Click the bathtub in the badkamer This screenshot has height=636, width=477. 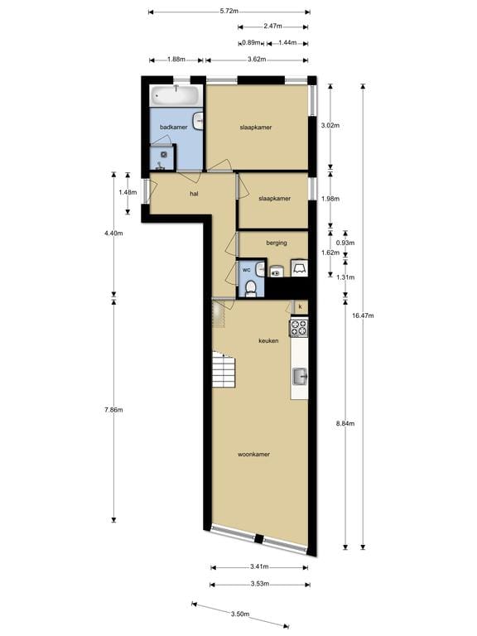coord(176,95)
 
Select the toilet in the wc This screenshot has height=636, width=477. coord(250,287)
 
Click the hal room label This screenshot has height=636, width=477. coord(194,194)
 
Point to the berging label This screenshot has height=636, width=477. coord(277,243)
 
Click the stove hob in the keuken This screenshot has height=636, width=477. coord(298,328)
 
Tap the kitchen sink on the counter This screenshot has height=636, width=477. coord(299,377)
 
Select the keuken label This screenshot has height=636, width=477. coord(268,341)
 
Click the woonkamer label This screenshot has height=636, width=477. coord(253,454)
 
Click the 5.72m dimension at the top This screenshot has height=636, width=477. coord(229,12)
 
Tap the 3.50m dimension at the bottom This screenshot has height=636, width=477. coord(240,614)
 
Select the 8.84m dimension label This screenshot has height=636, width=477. coord(345,423)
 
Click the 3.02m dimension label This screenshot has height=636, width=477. coord(330,126)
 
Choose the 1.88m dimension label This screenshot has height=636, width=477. coord(176,60)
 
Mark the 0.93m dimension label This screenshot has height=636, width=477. coord(345,243)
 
